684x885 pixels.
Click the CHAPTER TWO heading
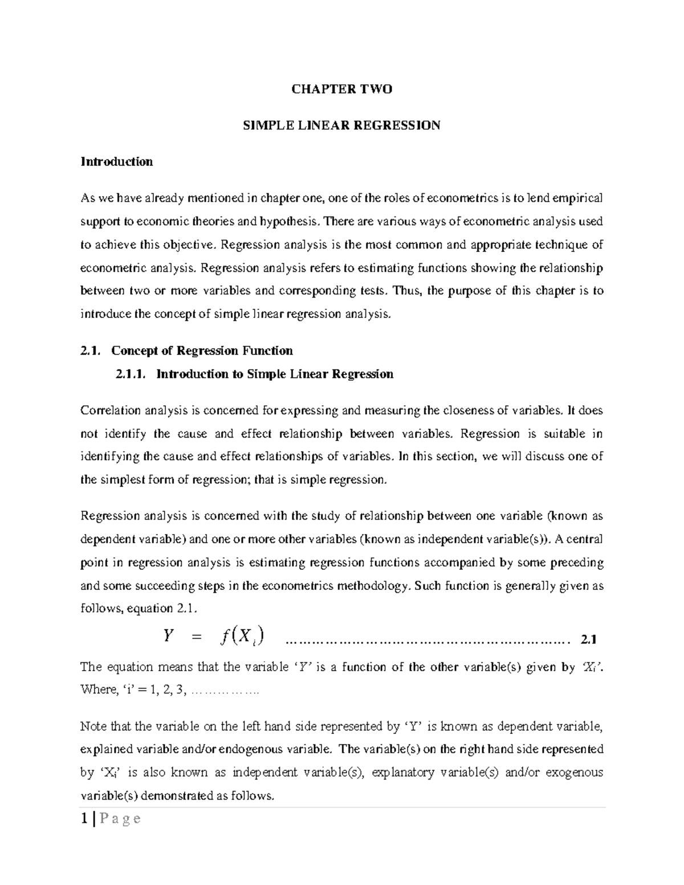(341, 89)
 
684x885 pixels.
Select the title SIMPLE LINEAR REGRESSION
(341, 125)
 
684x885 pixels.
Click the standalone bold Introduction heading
(116, 161)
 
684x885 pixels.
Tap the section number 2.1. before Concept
(91, 350)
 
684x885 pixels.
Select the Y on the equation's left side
(168, 636)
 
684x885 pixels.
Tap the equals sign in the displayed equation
(197, 638)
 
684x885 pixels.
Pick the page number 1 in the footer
(84, 819)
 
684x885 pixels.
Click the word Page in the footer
(120, 819)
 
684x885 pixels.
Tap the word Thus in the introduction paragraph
(408, 291)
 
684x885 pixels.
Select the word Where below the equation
(97, 690)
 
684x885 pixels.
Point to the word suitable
(564, 434)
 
